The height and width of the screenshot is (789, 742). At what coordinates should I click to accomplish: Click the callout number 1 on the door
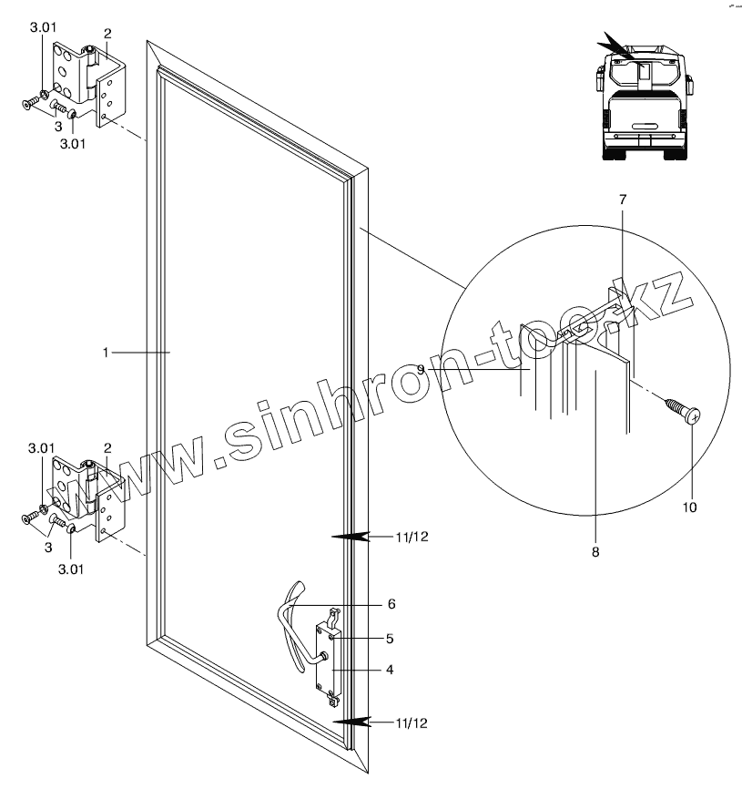pos(106,351)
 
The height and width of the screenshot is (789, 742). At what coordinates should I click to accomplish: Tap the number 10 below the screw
pos(690,507)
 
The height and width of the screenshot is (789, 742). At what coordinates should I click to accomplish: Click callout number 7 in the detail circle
pos(624,200)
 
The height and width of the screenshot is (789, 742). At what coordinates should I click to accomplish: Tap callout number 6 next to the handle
pos(391,603)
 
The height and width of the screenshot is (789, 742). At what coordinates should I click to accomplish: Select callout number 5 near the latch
pos(391,638)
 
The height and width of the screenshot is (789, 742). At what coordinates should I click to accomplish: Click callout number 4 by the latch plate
pos(391,670)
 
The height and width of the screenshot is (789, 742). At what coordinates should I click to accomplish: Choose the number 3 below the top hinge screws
pos(58,126)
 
